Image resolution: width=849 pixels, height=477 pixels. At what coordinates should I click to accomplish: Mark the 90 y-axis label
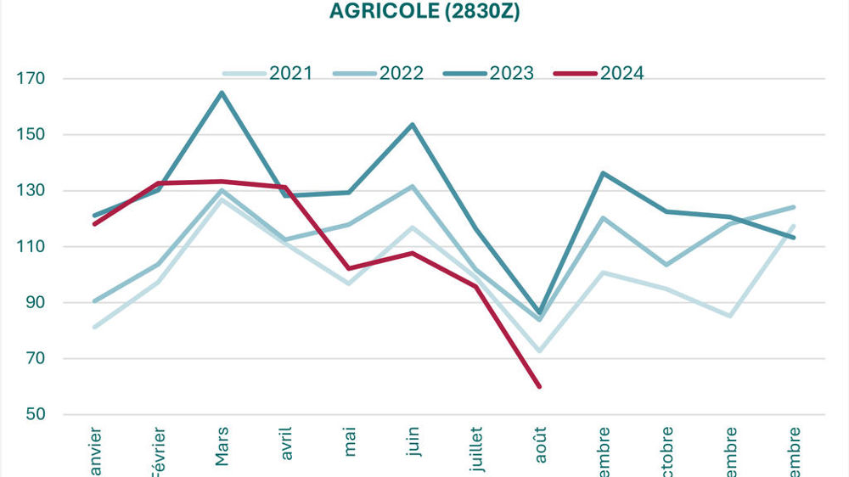(34, 303)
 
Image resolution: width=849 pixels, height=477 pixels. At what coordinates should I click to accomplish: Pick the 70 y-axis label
(34, 359)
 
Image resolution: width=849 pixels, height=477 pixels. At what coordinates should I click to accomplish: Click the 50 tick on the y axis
(34, 415)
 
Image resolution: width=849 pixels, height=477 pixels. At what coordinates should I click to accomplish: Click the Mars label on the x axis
(222, 446)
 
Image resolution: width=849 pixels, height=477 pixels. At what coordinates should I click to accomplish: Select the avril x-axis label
(286, 444)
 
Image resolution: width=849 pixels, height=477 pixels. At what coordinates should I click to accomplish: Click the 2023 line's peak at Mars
(222, 93)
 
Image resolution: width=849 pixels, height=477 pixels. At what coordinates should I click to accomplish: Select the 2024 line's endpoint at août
(539, 386)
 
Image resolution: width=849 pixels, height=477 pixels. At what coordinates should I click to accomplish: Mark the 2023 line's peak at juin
(413, 125)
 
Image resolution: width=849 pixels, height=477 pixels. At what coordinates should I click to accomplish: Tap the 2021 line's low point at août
(539, 351)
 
